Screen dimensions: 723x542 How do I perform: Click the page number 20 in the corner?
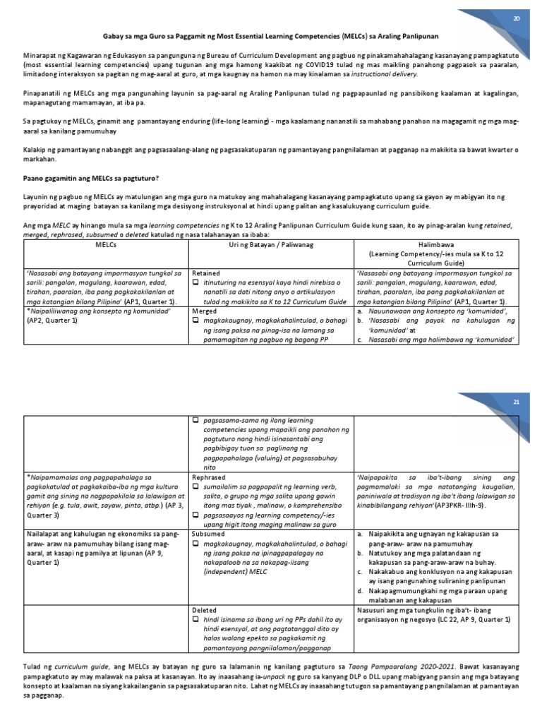tap(516, 19)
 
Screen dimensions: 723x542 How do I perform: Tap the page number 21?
tap(516, 402)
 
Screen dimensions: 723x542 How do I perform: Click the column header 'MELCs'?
tap(104, 244)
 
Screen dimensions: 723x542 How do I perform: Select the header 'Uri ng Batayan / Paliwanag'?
tap(271, 244)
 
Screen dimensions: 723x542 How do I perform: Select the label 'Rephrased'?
tap(208, 477)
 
